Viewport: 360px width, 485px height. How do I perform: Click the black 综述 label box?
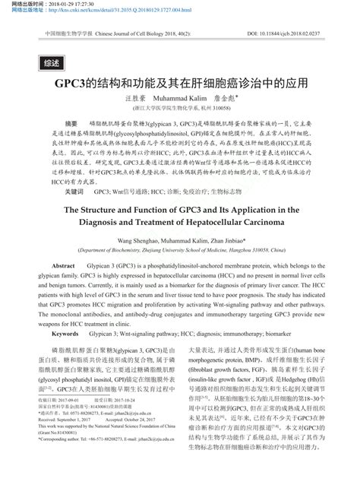(x=52, y=63)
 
